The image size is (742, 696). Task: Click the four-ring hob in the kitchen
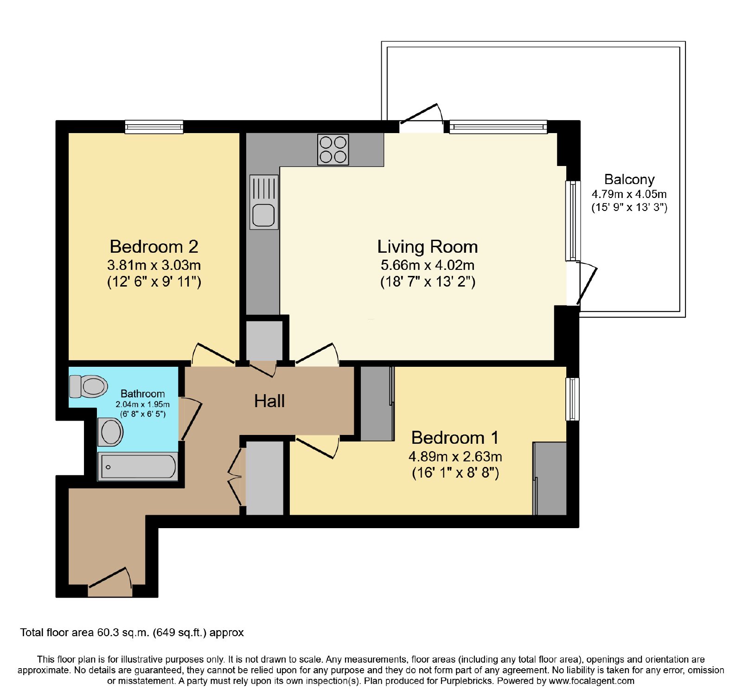click(x=333, y=149)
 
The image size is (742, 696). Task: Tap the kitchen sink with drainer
click(x=264, y=202)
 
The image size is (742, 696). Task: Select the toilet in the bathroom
click(x=88, y=386)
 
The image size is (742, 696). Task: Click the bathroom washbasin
click(x=110, y=432)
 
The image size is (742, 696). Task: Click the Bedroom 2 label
click(x=154, y=246)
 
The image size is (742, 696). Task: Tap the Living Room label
click(x=428, y=247)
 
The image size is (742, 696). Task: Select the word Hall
click(x=269, y=401)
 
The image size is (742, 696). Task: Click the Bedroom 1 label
click(x=455, y=438)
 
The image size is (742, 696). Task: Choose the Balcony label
click(x=629, y=179)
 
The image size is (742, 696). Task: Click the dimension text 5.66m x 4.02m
click(x=428, y=265)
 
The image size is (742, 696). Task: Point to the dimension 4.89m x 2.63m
click(x=455, y=457)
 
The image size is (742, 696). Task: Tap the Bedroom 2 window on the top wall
click(x=154, y=127)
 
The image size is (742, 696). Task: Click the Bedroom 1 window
click(x=573, y=399)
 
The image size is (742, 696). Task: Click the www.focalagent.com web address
click(x=591, y=681)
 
